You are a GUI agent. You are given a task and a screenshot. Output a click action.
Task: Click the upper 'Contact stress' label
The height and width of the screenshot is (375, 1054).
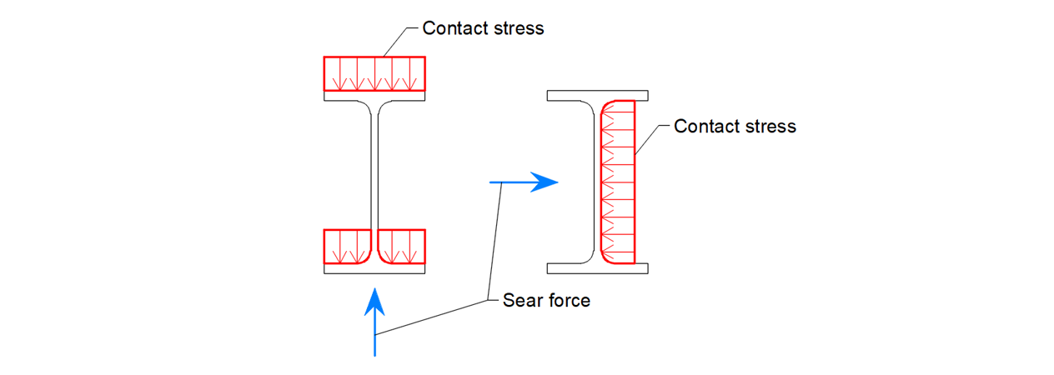(x=483, y=28)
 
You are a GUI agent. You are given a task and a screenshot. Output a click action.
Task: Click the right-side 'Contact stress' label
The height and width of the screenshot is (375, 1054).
(x=735, y=127)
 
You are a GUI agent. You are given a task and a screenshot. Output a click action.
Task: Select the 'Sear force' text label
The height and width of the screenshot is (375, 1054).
(x=546, y=301)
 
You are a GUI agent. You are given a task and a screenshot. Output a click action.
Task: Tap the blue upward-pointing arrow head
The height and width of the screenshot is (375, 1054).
(x=375, y=300)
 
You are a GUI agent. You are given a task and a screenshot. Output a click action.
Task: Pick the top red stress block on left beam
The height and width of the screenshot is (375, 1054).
(x=374, y=73)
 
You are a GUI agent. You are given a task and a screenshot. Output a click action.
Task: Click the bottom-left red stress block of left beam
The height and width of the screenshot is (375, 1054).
(x=346, y=247)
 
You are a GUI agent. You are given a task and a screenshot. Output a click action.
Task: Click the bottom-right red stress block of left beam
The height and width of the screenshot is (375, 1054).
(x=402, y=247)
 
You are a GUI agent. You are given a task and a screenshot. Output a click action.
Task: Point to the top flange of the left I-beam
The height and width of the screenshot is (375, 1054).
(x=374, y=96)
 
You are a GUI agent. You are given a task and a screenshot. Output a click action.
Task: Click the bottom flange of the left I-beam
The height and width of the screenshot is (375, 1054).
(x=374, y=269)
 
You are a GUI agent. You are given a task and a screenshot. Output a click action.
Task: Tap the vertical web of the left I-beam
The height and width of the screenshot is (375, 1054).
(x=374, y=175)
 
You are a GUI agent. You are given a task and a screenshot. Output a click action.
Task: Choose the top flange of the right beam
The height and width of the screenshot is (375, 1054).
(x=597, y=96)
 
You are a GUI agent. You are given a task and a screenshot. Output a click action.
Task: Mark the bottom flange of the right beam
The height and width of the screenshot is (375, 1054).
(x=597, y=269)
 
